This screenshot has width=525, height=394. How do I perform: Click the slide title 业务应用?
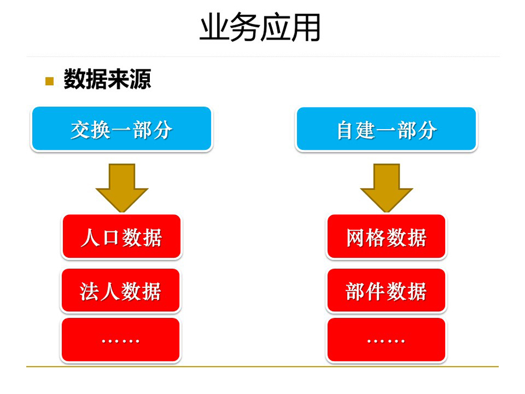pyautogui.click(x=260, y=27)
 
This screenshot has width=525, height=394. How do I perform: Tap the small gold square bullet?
pyautogui.click(x=50, y=81)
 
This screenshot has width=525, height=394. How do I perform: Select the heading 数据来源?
pyautogui.click(x=107, y=79)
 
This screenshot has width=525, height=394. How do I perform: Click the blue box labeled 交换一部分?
pyautogui.click(x=121, y=129)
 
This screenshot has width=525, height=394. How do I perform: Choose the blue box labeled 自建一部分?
pyautogui.click(x=386, y=130)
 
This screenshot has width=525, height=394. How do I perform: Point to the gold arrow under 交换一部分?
pyautogui.click(x=122, y=187)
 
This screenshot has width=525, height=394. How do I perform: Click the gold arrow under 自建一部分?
pyautogui.click(x=386, y=187)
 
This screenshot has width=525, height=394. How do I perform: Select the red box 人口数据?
pyautogui.click(x=121, y=236)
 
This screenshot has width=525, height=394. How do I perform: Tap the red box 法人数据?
pyautogui.click(x=121, y=291)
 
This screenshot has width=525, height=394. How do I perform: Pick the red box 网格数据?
pyautogui.click(x=386, y=236)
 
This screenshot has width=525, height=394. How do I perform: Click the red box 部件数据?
pyautogui.click(x=386, y=291)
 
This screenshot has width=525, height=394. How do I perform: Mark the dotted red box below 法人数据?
pyautogui.click(x=121, y=340)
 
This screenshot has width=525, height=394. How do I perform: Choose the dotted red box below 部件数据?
pyautogui.click(x=386, y=340)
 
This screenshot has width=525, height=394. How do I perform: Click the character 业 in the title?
pyautogui.click(x=214, y=27)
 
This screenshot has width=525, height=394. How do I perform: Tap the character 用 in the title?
pyautogui.click(x=306, y=27)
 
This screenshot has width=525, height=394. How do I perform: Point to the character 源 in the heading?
pyautogui.click(x=141, y=79)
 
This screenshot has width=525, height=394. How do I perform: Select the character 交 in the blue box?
pyautogui.click(x=80, y=130)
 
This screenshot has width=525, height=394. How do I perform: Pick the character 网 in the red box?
pyautogui.click(x=356, y=238)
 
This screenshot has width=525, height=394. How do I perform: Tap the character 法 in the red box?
pyautogui.click(x=89, y=291)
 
